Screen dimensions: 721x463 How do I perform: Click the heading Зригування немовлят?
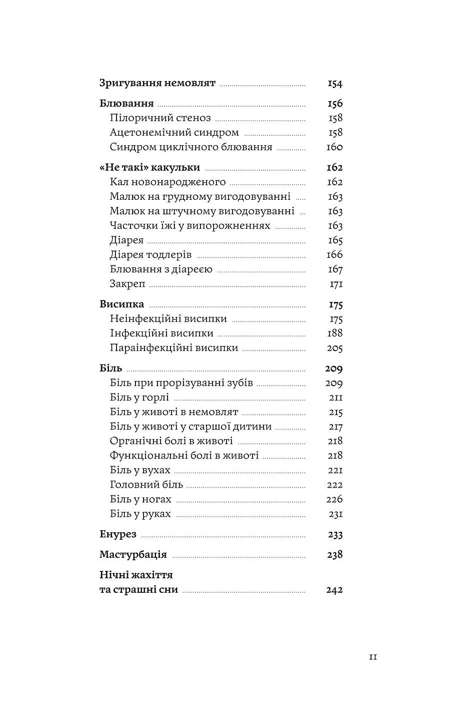pos(157,83)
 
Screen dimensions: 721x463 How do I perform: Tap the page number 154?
pos(334,84)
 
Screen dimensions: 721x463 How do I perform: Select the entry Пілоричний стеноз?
pos(160,118)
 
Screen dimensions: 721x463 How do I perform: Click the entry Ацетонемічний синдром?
pos(174,133)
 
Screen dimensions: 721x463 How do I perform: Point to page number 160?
pos(334,147)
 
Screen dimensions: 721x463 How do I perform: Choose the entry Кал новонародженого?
pos(167,182)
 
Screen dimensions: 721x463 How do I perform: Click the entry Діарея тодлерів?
pos(150,255)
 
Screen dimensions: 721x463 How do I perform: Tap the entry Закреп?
pos(127,284)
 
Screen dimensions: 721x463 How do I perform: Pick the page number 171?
pos(335,284)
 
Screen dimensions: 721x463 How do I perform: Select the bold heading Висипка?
pos(121,304)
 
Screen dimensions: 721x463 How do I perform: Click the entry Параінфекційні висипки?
pos(173,348)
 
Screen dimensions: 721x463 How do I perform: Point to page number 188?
pos(334,333)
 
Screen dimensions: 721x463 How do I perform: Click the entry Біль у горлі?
pos(139,398)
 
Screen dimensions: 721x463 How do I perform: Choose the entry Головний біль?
pos(146,485)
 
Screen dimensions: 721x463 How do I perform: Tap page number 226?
pos(334,499)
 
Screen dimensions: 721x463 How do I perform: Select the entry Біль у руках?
pos(140,514)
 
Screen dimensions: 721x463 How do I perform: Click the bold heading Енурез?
pos(118,534)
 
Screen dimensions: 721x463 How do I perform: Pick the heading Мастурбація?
pos(133,555)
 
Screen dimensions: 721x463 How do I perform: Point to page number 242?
pos(334,590)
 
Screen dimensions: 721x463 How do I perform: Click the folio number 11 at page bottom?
pos(372,657)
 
